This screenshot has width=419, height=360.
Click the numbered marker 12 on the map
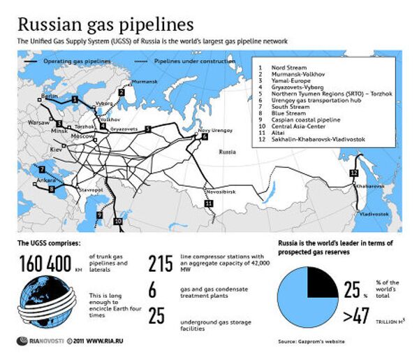[x=353, y=173]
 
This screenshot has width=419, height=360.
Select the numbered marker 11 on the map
[x=208, y=203]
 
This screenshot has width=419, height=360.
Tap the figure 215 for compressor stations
[x=161, y=264]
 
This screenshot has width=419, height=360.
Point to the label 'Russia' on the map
[x=227, y=152]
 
